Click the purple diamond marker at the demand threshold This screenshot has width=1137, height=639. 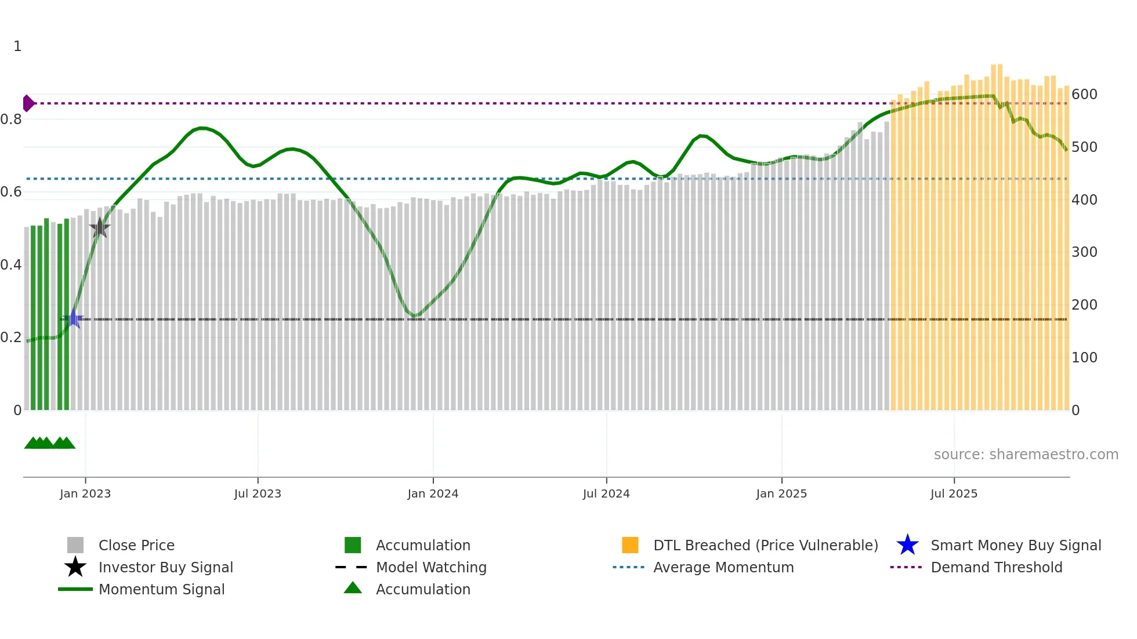(28, 103)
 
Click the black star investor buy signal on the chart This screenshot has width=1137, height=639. (100, 228)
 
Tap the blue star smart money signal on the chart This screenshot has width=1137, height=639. (74, 319)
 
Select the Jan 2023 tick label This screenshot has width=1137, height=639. (85, 493)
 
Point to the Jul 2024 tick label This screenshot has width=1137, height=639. (606, 493)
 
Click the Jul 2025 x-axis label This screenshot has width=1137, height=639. (954, 493)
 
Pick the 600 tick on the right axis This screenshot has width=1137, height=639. (1084, 95)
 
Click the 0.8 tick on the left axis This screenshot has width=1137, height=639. (11, 119)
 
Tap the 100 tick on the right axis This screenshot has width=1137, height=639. (1084, 358)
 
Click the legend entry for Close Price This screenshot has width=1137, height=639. (136, 545)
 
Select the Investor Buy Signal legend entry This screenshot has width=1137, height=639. (165, 567)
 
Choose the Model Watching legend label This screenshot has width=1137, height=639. (431, 567)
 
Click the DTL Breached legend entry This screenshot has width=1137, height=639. (765, 545)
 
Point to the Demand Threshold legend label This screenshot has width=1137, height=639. (996, 567)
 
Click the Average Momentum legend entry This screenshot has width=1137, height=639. (723, 567)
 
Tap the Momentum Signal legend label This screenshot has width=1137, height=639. (161, 589)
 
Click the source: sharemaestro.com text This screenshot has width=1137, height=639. (1026, 455)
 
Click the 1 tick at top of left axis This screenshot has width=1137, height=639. (17, 46)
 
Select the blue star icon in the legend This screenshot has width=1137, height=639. (907, 545)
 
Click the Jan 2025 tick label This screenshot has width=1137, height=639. (781, 493)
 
